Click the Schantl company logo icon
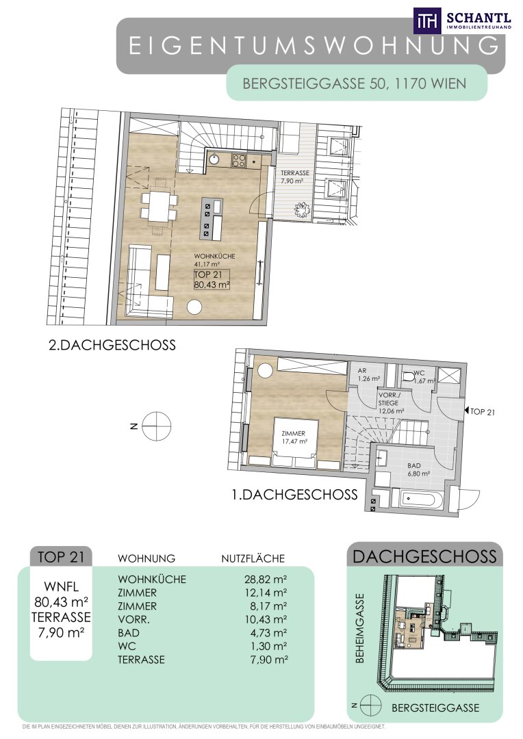(x=427, y=21)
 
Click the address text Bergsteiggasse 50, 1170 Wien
(x=354, y=83)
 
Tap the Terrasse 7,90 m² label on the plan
(x=295, y=177)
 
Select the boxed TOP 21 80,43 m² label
(x=212, y=279)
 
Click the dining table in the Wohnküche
(x=160, y=207)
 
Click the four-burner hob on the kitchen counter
(x=238, y=161)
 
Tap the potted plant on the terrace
(x=301, y=208)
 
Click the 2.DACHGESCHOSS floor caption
(x=112, y=345)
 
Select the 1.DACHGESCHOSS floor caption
(x=295, y=495)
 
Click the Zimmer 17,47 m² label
(x=294, y=437)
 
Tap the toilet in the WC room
(x=408, y=376)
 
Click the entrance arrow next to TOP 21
(x=467, y=411)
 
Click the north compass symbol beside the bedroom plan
(x=157, y=426)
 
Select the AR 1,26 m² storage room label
(x=368, y=375)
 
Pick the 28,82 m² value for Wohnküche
(x=266, y=580)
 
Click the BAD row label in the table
(x=128, y=633)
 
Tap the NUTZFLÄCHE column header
(x=253, y=558)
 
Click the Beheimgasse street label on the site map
(x=360, y=628)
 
